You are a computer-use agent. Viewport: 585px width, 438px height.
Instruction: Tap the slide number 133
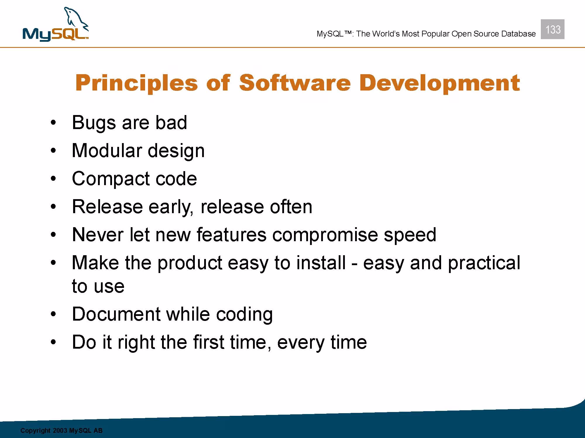point(553,29)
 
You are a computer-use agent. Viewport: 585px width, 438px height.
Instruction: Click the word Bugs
point(94,123)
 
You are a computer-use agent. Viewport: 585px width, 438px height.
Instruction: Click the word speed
point(410,235)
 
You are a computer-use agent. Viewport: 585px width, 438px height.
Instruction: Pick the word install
point(321,263)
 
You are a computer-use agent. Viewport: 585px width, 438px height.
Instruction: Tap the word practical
point(484,263)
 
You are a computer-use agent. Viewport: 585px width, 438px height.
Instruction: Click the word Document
point(116,314)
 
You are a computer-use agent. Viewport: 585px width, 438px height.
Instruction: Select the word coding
point(244,315)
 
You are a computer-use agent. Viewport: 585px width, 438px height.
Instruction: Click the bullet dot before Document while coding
point(53,314)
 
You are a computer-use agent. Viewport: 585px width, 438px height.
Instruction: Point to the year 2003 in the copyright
point(60,430)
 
